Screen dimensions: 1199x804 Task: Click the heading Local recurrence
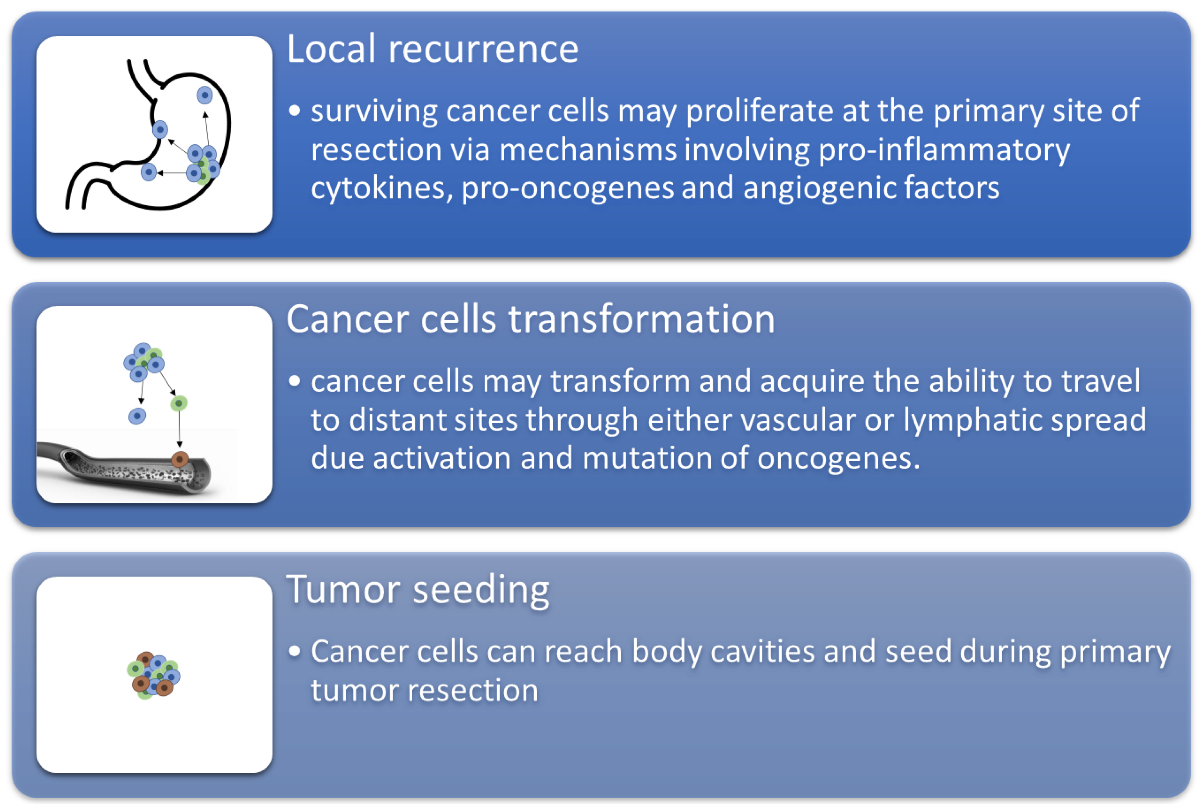coord(433,49)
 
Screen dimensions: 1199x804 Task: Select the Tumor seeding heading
coord(418,590)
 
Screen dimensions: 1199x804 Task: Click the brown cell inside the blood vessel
coord(179,459)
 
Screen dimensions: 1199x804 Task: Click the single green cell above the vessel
coord(178,403)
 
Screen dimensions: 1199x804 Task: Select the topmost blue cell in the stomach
coord(204,95)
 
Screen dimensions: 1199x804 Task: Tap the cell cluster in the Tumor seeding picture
coord(153,675)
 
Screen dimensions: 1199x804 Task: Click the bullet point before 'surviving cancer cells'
coord(294,111)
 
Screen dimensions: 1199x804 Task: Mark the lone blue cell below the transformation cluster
coord(137,416)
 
